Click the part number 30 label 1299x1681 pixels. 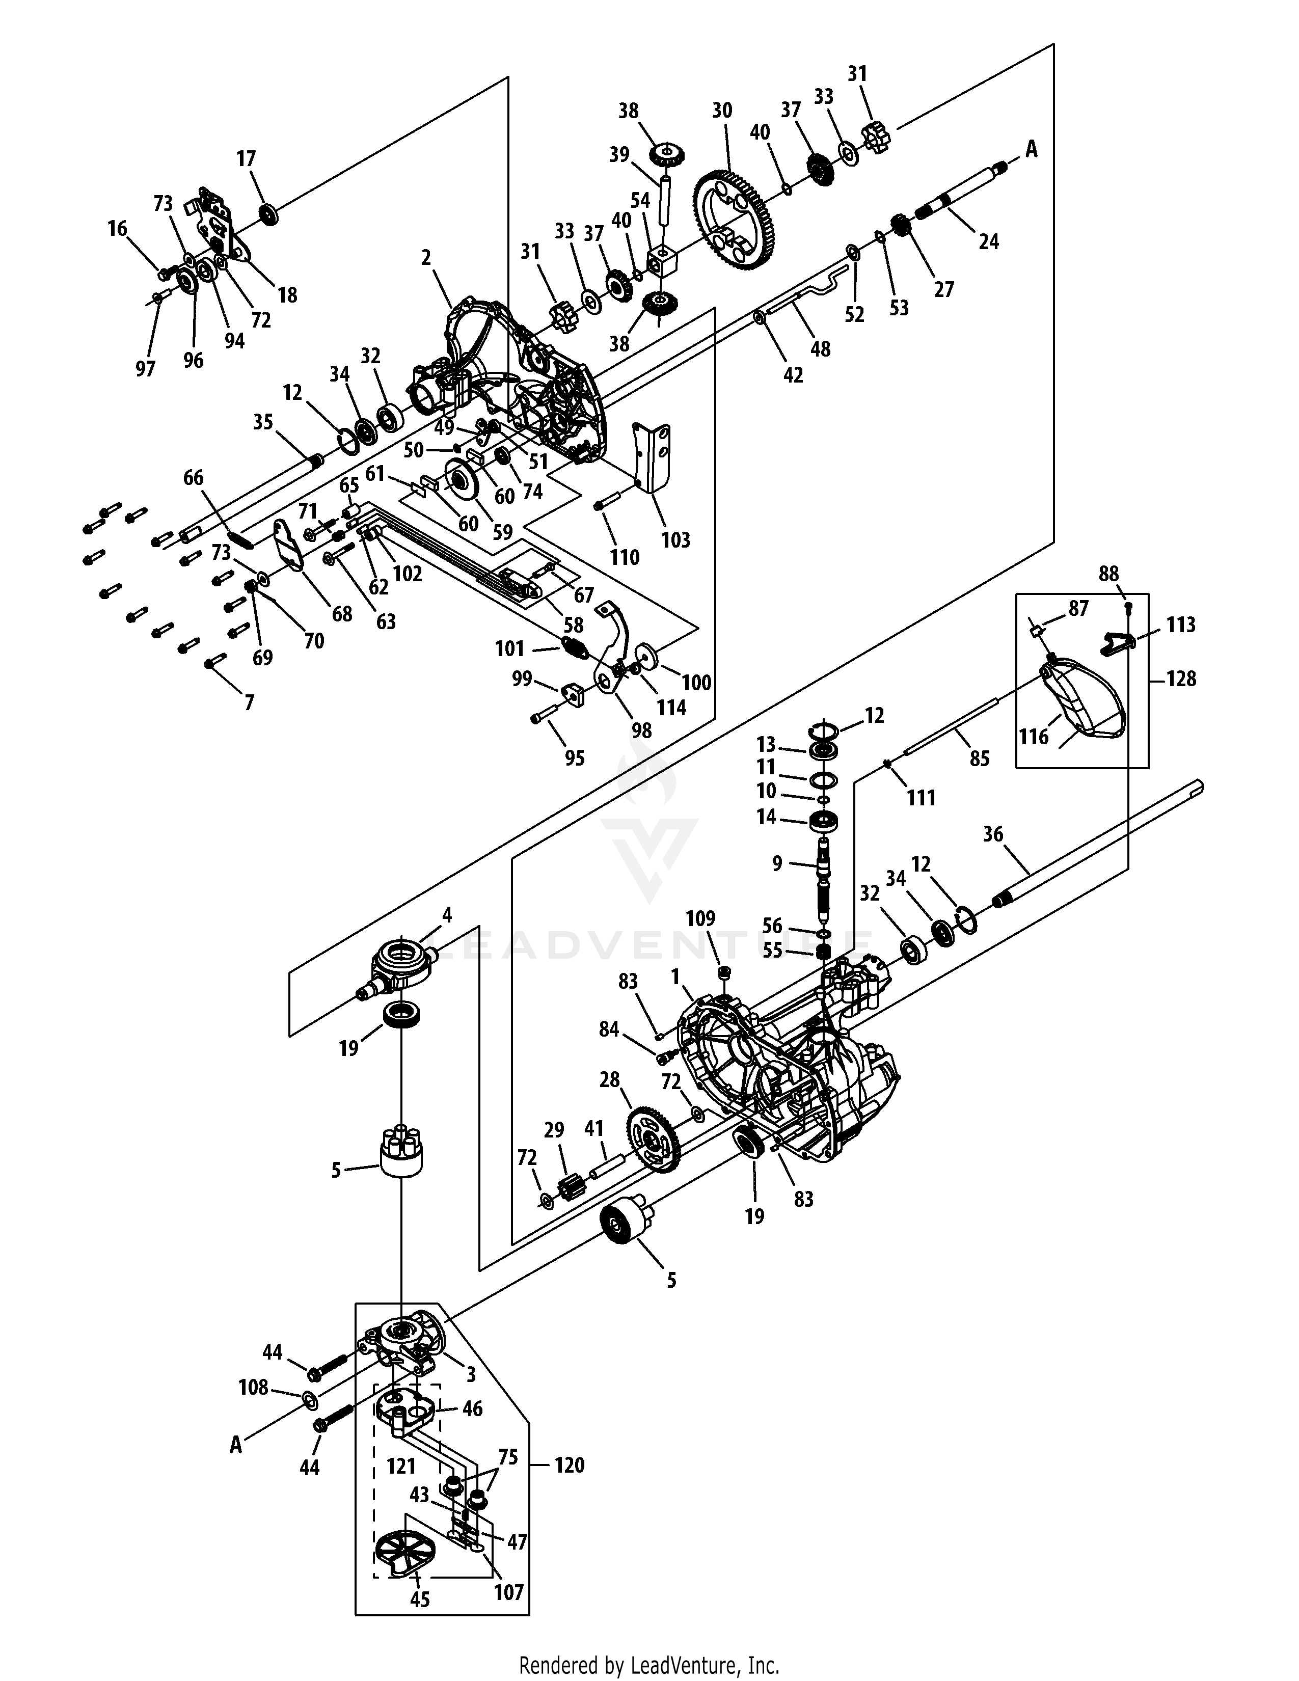pyautogui.click(x=722, y=111)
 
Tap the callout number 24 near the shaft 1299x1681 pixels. pyautogui.click(x=988, y=241)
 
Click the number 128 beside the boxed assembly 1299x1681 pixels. pyautogui.click(x=1181, y=679)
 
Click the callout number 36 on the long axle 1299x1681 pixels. pyautogui.click(x=993, y=834)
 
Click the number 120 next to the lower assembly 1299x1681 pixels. pyautogui.click(x=570, y=1465)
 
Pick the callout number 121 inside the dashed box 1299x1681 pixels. pyautogui.click(x=401, y=1466)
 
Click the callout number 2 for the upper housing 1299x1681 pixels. pyautogui.click(x=425, y=258)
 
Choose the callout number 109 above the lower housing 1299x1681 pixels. pyautogui.click(x=700, y=918)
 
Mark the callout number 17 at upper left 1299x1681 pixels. pyautogui.click(x=246, y=159)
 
